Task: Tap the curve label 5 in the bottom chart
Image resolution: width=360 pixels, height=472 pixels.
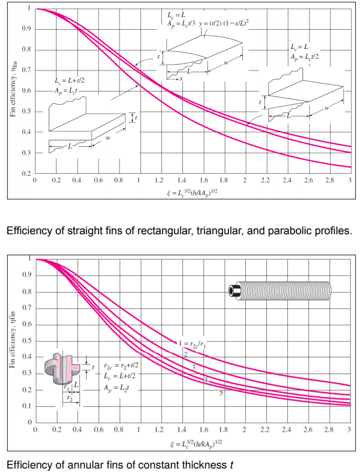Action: (221, 393)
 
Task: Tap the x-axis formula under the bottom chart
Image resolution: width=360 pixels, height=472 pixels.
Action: (192, 445)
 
